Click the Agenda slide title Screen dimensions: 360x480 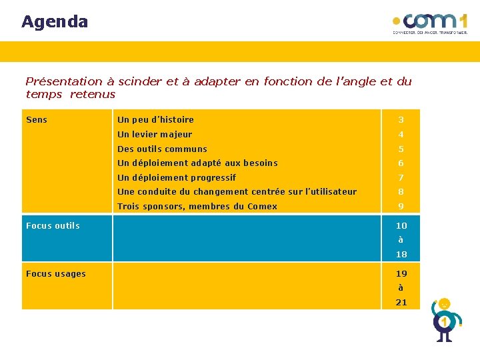[x=55, y=22]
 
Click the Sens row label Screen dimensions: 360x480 [x=37, y=120]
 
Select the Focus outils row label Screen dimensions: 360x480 [x=53, y=226]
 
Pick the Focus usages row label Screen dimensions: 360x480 [x=56, y=274]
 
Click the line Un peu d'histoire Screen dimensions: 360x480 [x=155, y=120]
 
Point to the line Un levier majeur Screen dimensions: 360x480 [x=155, y=135]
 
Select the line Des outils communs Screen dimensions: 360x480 [x=162, y=149]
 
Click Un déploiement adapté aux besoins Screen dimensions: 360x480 [x=197, y=163]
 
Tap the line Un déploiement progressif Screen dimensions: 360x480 [x=177, y=178]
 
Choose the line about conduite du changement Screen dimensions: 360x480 [x=237, y=192]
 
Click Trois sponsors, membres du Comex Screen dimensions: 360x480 [x=197, y=207]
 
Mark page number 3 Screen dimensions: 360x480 [x=401, y=120]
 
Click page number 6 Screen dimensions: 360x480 [x=401, y=163]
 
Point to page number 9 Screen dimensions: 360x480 [x=401, y=207]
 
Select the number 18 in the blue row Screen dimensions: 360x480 [x=401, y=255]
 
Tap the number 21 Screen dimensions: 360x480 [x=401, y=303]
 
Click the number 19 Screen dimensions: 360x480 [x=401, y=274]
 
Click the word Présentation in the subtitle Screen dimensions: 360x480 [x=64, y=81]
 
